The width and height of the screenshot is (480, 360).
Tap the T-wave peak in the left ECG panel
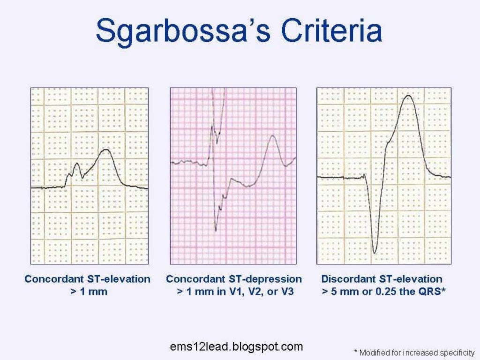(106, 150)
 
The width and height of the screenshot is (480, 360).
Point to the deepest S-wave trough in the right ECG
(374, 253)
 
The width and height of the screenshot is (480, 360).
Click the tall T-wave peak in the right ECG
(409, 96)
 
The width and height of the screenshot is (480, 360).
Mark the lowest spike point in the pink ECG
(216, 230)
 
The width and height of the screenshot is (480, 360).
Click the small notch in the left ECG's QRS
(82, 177)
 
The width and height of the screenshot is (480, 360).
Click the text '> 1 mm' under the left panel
(88, 292)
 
